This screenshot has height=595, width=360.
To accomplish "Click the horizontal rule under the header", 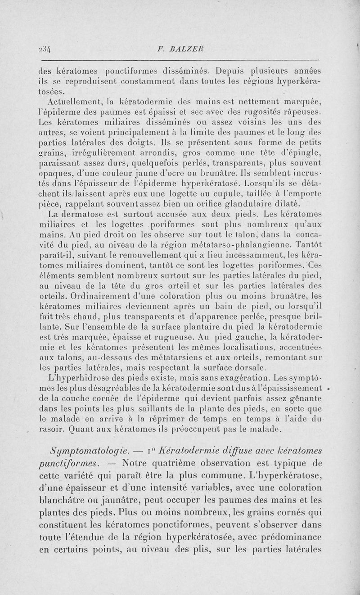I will [x=180, y=59].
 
